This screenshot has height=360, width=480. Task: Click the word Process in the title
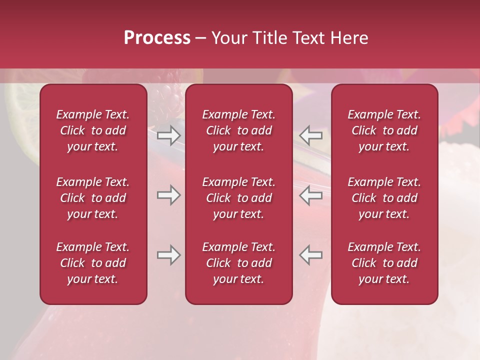point(157,38)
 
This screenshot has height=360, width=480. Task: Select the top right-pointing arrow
point(168,135)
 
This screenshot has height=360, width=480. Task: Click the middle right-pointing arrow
point(168,195)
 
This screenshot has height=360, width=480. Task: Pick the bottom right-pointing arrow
point(168,255)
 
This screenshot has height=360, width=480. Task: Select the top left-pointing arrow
point(311,135)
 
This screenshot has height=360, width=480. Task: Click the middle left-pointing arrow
point(311,195)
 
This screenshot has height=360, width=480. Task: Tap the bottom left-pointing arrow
point(311,255)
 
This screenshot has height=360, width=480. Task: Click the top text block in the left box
point(93,130)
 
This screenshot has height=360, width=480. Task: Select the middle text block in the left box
point(93,198)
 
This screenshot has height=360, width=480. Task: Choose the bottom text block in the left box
point(93,263)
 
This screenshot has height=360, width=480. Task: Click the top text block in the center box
point(239,130)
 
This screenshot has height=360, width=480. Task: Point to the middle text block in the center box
point(239,198)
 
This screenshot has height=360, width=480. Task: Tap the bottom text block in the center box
point(239,263)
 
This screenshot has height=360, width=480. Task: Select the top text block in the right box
point(384,130)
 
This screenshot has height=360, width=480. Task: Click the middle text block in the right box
point(384,198)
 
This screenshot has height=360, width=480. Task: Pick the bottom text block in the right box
point(384,263)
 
